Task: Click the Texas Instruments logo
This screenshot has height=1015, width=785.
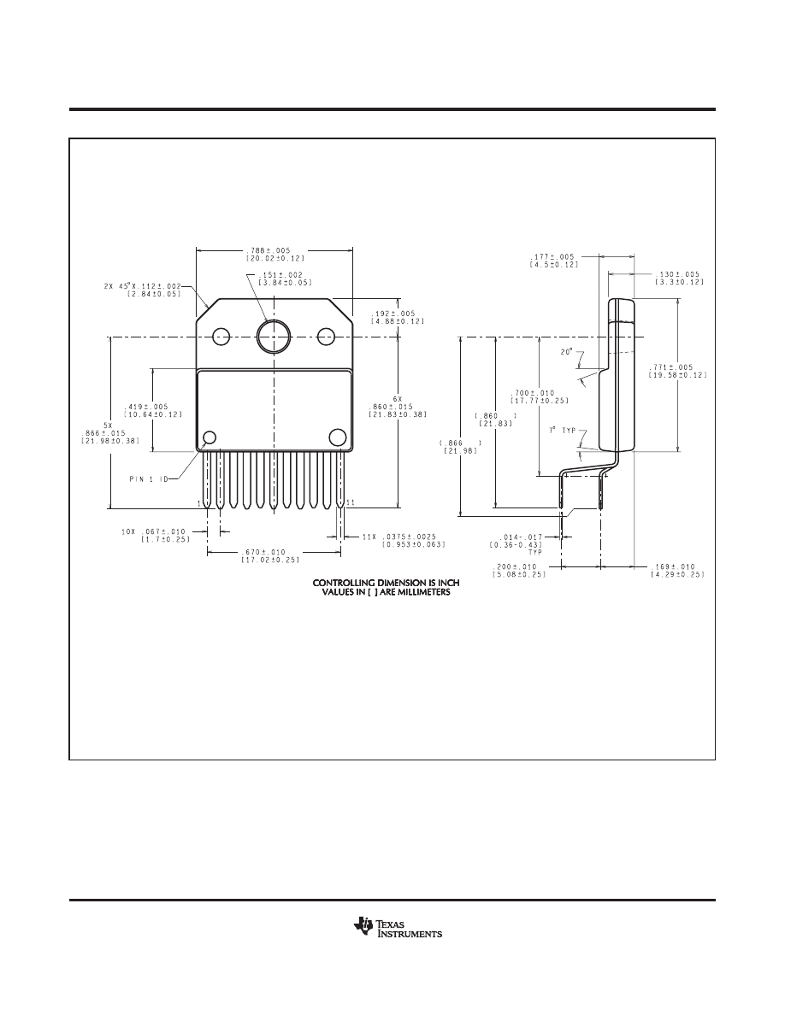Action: pos(398,928)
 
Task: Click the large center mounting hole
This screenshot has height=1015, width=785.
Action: pos(274,337)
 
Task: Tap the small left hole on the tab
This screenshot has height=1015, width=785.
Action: pos(221,337)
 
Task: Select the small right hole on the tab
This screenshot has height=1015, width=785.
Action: pos(326,337)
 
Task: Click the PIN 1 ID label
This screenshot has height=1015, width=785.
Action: pos(148,478)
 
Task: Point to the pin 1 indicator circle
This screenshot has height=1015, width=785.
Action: pos(210,437)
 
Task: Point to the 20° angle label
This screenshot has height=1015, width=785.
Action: pos(567,352)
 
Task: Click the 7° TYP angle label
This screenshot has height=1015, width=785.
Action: pos(562,430)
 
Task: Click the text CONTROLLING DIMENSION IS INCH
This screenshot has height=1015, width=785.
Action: pos(386,584)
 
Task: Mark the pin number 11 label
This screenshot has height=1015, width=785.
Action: pos(351,502)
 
